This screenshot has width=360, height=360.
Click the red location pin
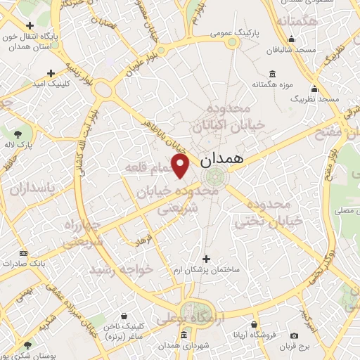(181, 165)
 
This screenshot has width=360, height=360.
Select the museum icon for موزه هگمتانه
(272, 73)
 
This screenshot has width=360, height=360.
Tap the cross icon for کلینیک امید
(51, 72)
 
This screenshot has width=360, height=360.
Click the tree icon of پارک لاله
(18, 133)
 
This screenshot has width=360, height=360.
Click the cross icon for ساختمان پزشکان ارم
(205, 259)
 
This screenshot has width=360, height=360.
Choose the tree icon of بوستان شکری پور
(27, 345)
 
